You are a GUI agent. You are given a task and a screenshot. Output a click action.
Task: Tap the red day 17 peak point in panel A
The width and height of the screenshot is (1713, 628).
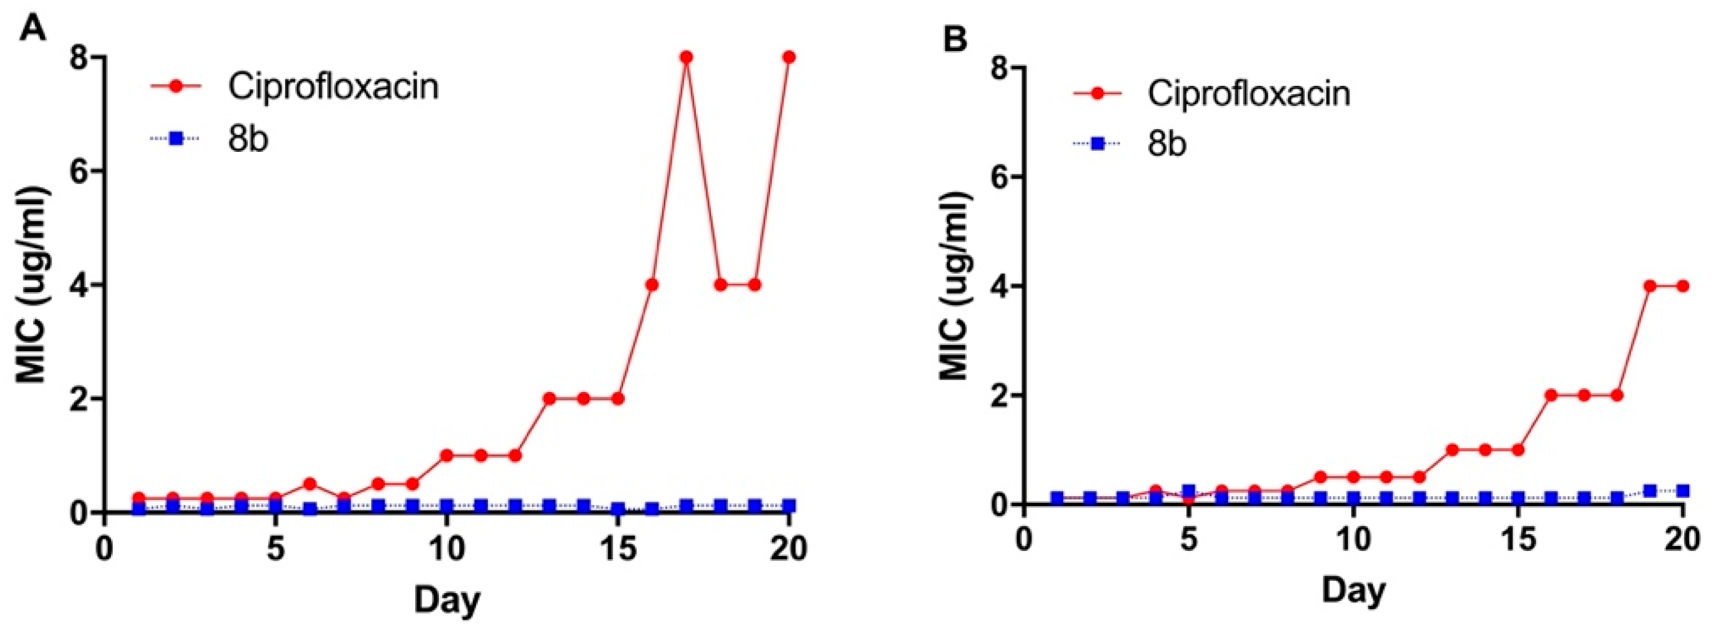686,57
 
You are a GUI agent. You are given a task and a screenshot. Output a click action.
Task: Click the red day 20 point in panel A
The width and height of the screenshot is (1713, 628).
789,57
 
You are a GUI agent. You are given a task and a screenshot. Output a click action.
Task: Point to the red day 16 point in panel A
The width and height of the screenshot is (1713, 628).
651,285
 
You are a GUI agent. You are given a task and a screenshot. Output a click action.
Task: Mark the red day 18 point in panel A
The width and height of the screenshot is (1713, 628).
721,285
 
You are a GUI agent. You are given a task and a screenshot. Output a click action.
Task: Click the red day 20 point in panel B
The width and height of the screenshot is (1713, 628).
1682,287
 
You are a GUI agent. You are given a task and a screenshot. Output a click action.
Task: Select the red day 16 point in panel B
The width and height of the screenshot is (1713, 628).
1551,395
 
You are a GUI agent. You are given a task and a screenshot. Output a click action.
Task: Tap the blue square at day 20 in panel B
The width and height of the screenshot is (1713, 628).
1682,491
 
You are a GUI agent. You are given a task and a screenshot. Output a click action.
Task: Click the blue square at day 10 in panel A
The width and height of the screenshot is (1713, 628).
446,506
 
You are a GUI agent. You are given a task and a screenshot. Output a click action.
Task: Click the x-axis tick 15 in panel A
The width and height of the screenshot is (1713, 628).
618,548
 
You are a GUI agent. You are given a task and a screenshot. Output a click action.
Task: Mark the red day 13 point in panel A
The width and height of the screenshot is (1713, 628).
549,399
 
